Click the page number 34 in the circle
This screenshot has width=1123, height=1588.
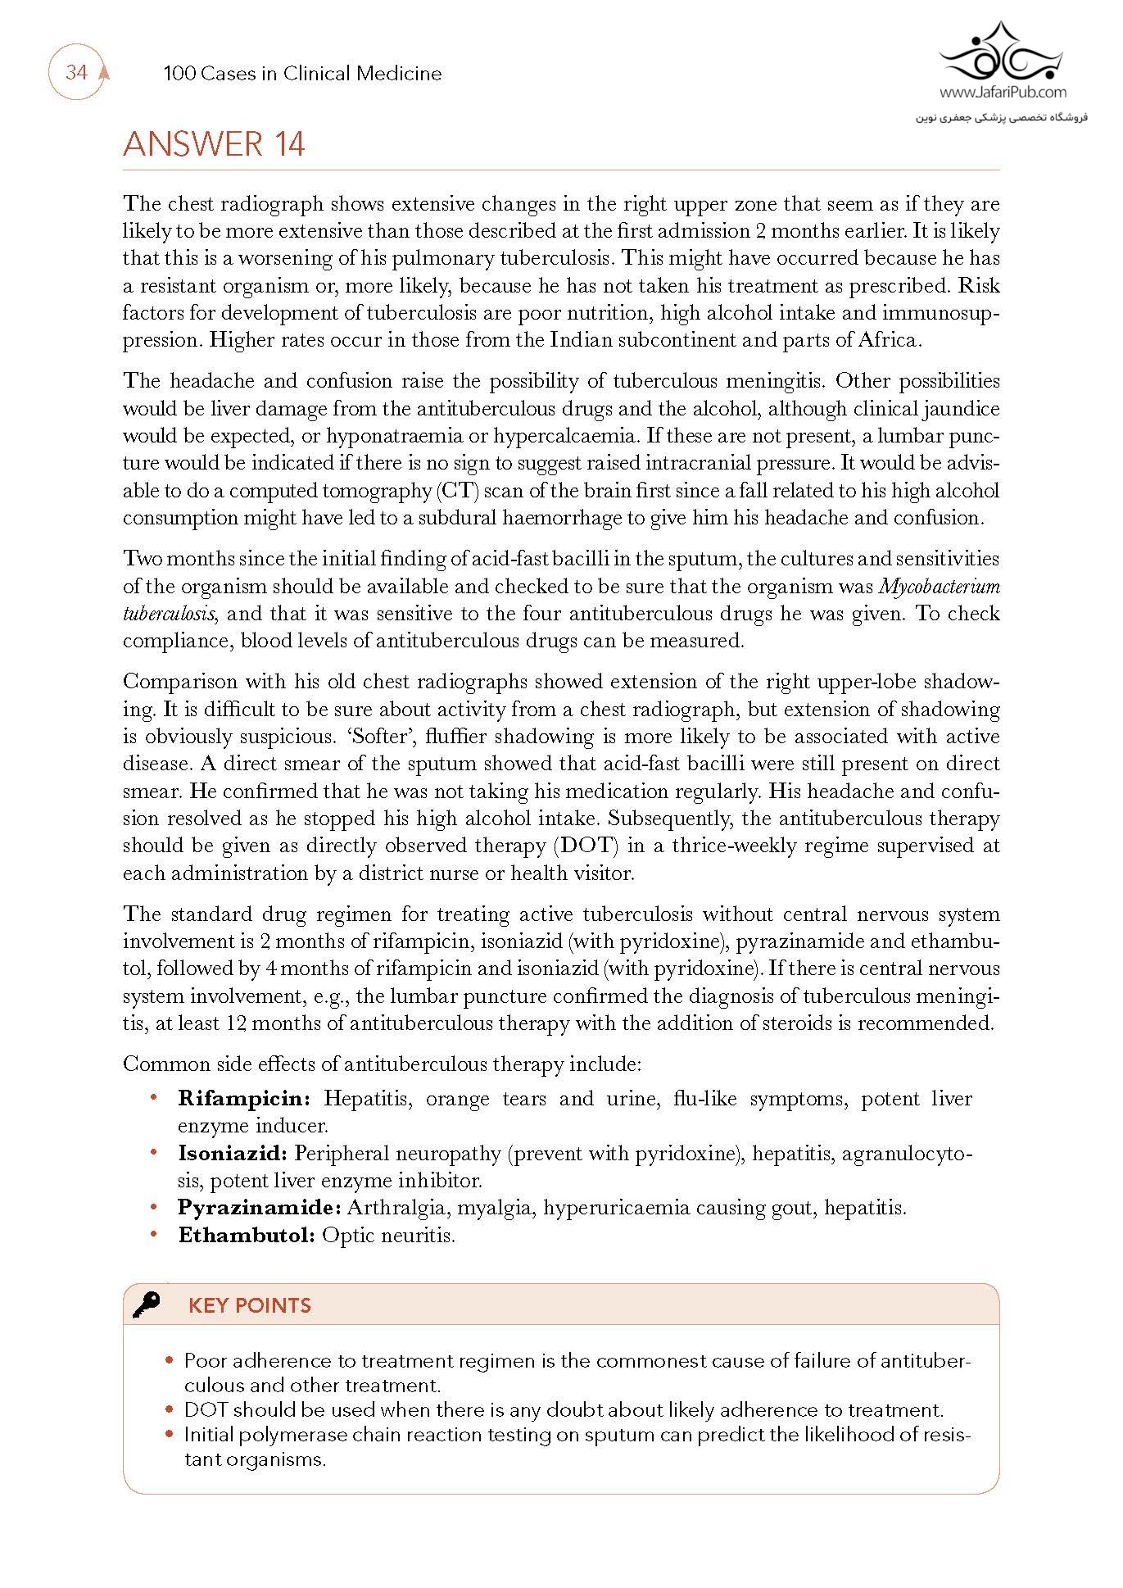76,72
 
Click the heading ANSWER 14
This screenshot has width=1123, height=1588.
214,144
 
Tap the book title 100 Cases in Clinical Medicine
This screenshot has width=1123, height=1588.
302,74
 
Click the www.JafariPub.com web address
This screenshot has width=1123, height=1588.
1003,93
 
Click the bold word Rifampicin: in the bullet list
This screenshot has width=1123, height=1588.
244,1099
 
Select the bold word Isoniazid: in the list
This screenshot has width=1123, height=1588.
232,1154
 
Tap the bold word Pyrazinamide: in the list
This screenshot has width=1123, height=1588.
259,1208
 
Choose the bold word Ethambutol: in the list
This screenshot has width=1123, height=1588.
246,1236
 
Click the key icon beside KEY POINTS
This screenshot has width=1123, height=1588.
147,1304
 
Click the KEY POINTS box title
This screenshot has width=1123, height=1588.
250,1305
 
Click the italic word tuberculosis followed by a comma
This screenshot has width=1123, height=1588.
169,615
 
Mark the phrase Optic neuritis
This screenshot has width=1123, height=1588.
388,1236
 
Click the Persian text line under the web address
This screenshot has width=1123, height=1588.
1001,117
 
